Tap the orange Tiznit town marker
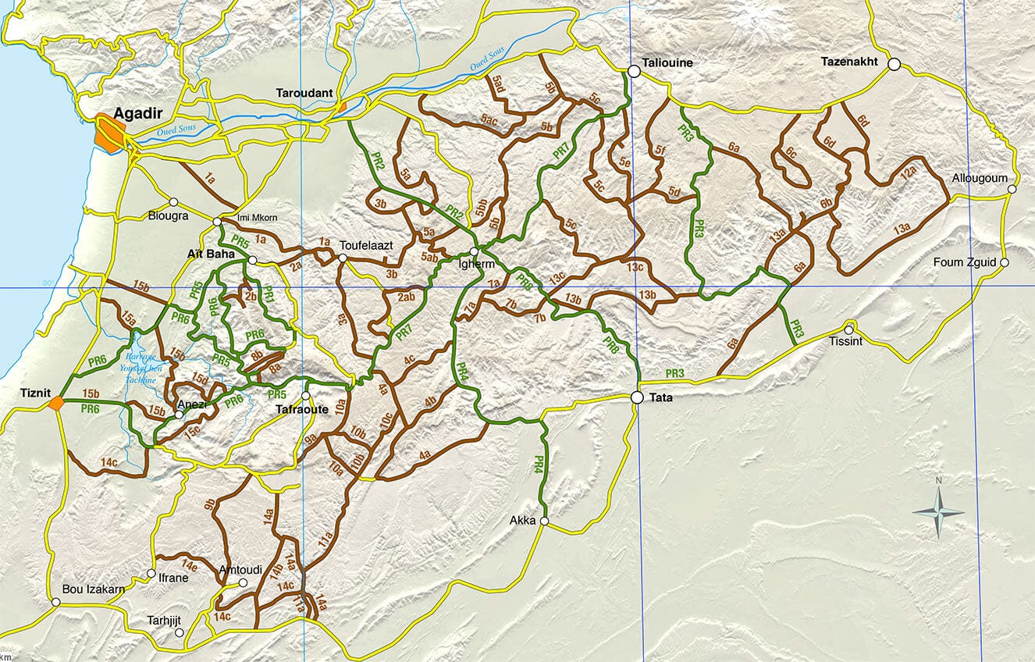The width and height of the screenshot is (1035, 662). coord(55,403)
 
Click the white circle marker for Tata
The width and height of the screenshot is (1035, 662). coord(637,397)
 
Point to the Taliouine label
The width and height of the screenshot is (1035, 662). coord(667,62)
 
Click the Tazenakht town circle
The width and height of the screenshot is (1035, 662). coord(894,64)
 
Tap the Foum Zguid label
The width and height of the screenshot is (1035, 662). coord(965,262)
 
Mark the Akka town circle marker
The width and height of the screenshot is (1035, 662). coord(544,521)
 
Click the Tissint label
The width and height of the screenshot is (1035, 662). coord(846,342)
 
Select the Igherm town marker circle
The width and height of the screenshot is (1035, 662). coord(474,251)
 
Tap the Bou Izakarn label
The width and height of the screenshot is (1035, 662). coord(94,589)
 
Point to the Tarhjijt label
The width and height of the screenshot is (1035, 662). coord(164,621)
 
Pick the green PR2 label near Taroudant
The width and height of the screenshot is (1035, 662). coord(378,162)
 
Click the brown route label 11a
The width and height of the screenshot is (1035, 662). coord(325,538)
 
